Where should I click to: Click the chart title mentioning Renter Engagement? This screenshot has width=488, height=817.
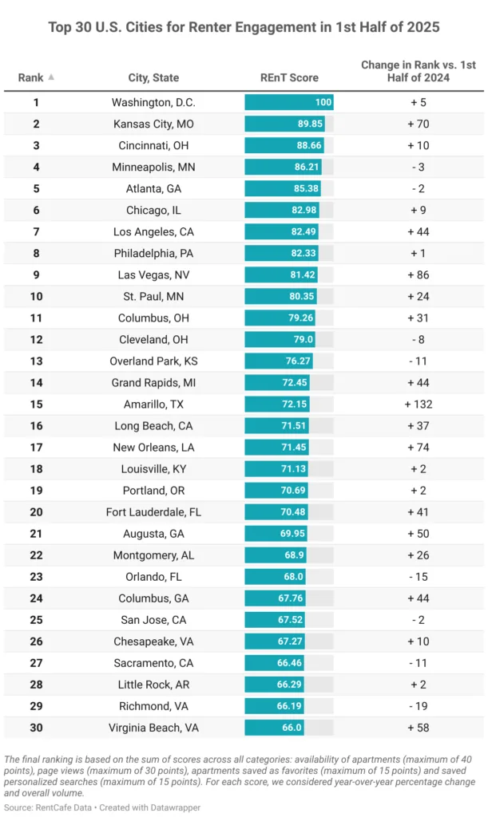pyautogui.click(x=244, y=27)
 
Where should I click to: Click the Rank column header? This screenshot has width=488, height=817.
pyautogui.click(x=31, y=77)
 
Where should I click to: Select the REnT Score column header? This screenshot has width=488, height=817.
pyautogui.click(x=288, y=77)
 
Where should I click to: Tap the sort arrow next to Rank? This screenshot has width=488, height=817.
pyautogui.click(x=52, y=77)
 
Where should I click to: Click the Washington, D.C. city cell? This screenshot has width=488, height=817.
pyautogui.click(x=153, y=102)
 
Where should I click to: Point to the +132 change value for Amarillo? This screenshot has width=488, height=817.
pyautogui.click(x=419, y=405)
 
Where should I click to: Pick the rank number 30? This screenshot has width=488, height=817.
pyautogui.click(x=36, y=728)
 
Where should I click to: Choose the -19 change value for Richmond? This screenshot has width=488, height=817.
pyautogui.click(x=419, y=706)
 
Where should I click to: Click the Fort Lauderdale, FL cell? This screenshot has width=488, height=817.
pyautogui.click(x=153, y=512)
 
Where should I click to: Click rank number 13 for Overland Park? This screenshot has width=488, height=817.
pyautogui.click(x=36, y=361)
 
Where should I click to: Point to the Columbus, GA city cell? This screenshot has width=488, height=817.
pyautogui.click(x=153, y=598)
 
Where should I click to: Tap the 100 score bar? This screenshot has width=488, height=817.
pyautogui.click(x=288, y=102)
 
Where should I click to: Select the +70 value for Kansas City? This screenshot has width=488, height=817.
pyautogui.click(x=419, y=124)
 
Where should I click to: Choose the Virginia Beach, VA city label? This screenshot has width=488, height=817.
pyautogui.click(x=153, y=728)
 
